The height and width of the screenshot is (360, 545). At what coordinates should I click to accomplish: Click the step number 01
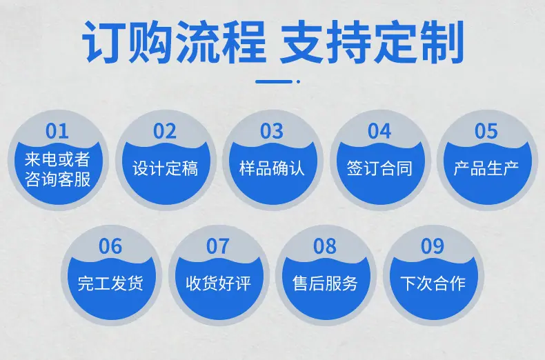pos(57,131)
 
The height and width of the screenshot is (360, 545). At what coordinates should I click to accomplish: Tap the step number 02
pos(165,131)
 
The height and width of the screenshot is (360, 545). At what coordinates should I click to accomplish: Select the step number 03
pos(272,131)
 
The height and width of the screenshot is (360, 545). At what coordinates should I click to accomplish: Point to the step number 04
pos(379,131)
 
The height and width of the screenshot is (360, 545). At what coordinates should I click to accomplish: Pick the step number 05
pos(486,131)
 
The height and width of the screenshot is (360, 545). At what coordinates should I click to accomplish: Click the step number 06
pos(110,246)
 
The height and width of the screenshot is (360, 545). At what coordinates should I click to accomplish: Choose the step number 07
pos(217,246)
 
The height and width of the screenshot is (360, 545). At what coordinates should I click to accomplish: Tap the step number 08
pos(325,246)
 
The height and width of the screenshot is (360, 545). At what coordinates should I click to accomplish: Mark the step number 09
pos(433,246)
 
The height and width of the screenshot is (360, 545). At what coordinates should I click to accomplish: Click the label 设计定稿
pos(165,168)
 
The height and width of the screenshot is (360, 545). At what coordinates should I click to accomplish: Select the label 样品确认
pos(272,168)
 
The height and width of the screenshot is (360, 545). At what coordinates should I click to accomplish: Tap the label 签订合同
pos(379,168)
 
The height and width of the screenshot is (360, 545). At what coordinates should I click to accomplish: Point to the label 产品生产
pos(486,168)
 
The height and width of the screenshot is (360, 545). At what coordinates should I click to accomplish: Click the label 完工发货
pos(110,283)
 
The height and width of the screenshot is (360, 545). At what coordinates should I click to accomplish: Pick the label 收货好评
pos(218,283)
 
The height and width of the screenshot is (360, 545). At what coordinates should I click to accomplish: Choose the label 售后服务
pos(325,283)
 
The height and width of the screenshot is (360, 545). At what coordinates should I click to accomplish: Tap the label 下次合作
pos(433,283)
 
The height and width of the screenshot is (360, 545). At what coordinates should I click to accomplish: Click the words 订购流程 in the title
pos(174,42)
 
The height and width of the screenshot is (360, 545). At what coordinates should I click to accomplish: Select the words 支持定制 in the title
pos(372,42)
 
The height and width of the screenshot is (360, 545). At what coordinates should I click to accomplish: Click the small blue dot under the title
pos(298,81)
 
